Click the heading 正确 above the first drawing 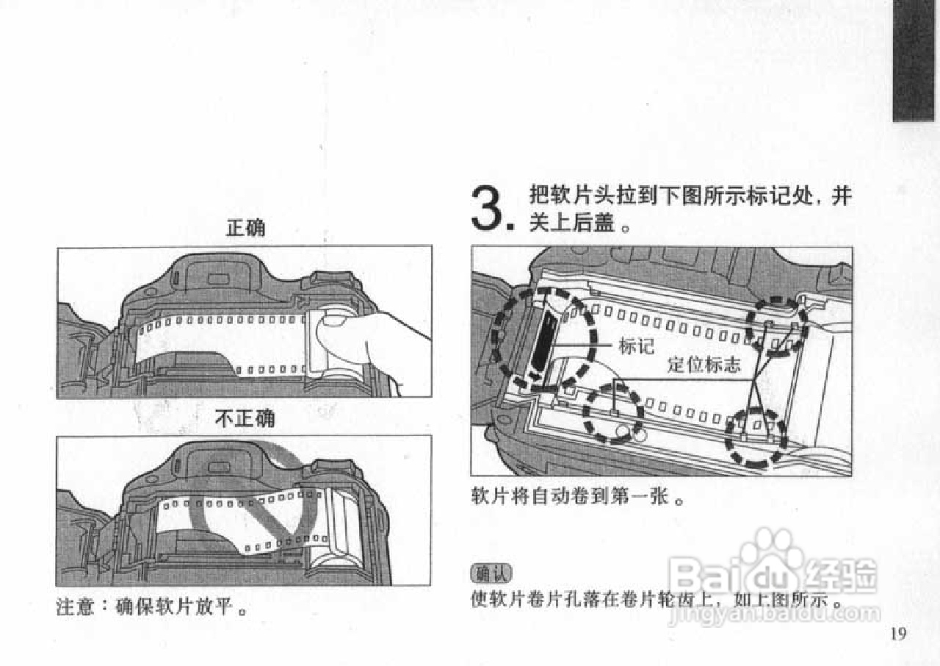tap(245, 229)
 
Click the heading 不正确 tap(245, 419)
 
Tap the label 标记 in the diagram tap(637, 346)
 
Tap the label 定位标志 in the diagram tap(704, 365)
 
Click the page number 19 tap(898, 634)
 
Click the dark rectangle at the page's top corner tap(914, 60)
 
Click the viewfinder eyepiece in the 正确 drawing tap(217, 278)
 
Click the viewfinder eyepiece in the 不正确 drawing tap(217, 466)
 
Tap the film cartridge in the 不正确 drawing tap(343, 528)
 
